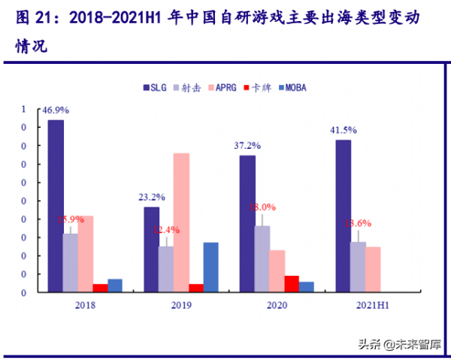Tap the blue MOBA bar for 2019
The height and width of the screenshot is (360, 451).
point(210,267)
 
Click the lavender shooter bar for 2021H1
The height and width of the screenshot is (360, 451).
point(358,267)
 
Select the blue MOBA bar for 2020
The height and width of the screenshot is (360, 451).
point(306,286)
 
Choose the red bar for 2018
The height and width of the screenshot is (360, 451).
point(100,288)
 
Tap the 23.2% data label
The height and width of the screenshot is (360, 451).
point(151,198)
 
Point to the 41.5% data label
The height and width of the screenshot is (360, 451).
point(343,130)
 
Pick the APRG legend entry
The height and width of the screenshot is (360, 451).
point(222,87)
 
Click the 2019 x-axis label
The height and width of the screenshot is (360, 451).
point(181,305)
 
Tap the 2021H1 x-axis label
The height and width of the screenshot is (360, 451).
point(372,305)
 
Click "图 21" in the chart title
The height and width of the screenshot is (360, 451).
point(32,18)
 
